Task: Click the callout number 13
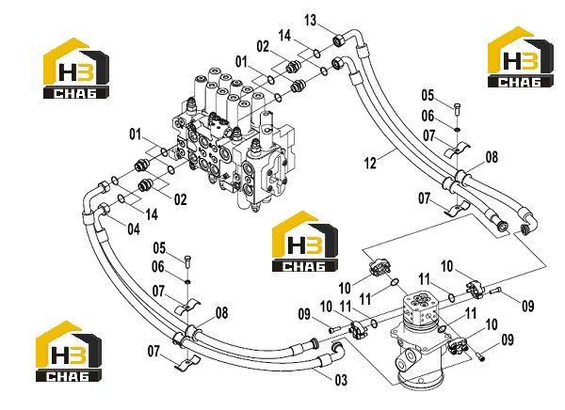pos(310,21)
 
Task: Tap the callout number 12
pos(370,163)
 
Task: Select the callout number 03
pos(341,380)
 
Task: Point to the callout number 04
pos(134,229)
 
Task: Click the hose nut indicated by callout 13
pos(339,39)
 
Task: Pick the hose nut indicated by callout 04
pos(104,209)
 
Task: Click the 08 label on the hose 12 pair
pos(492,157)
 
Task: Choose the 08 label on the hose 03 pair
pos(221,313)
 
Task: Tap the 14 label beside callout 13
pos(284,36)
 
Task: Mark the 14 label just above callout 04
pos(152,214)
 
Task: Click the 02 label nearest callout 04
pos(181,199)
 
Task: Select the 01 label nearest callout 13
pos(241,62)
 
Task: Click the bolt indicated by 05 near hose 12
pos(458,109)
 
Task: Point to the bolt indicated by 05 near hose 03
pos(187,261)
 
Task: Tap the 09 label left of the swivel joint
pos(304,314)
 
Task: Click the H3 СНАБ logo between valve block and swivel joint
pos(305,241)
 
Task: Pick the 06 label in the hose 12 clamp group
pos(428,116)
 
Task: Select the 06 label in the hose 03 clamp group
pos(158,267)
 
